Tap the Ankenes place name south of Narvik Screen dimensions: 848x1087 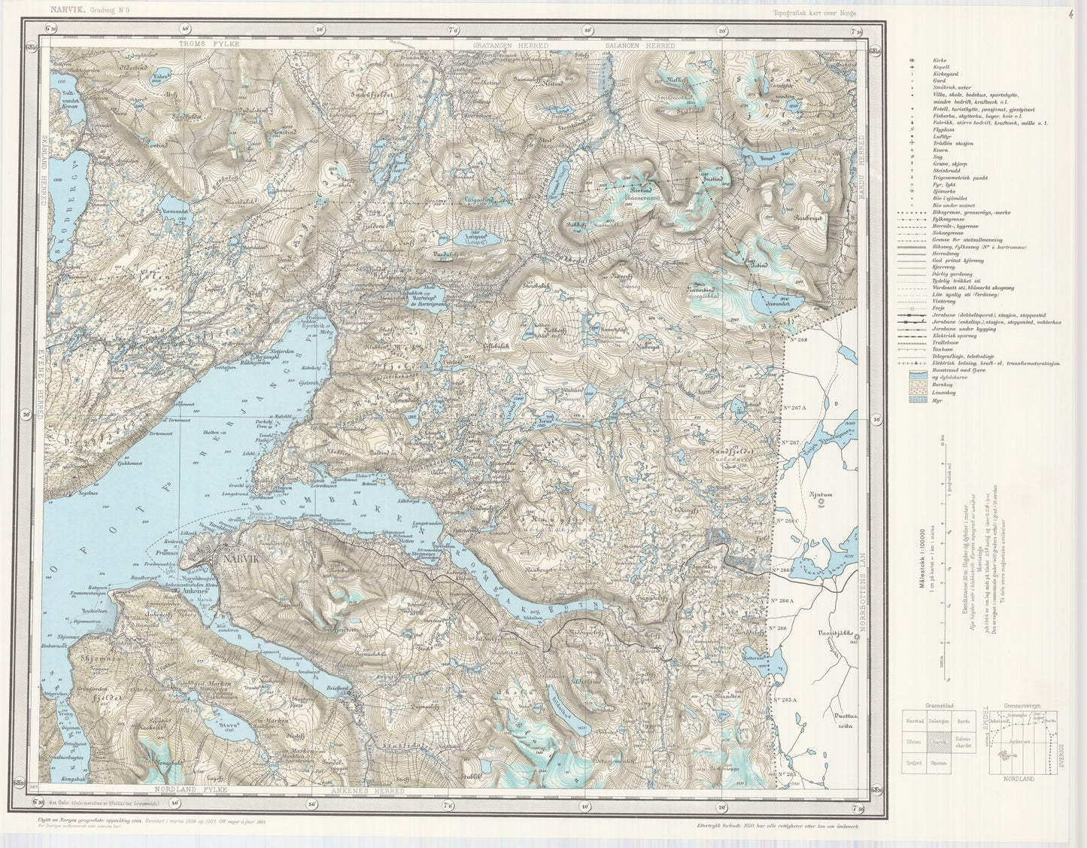pyautogui.click(x=197, y=591)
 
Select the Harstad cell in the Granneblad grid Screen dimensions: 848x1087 pyautogui.click(x=912, y=721)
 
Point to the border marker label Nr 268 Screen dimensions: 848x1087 pyautogui.click(x=797, y=340)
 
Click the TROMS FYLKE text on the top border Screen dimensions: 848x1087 pyautogui.click(x=209, y=45)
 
